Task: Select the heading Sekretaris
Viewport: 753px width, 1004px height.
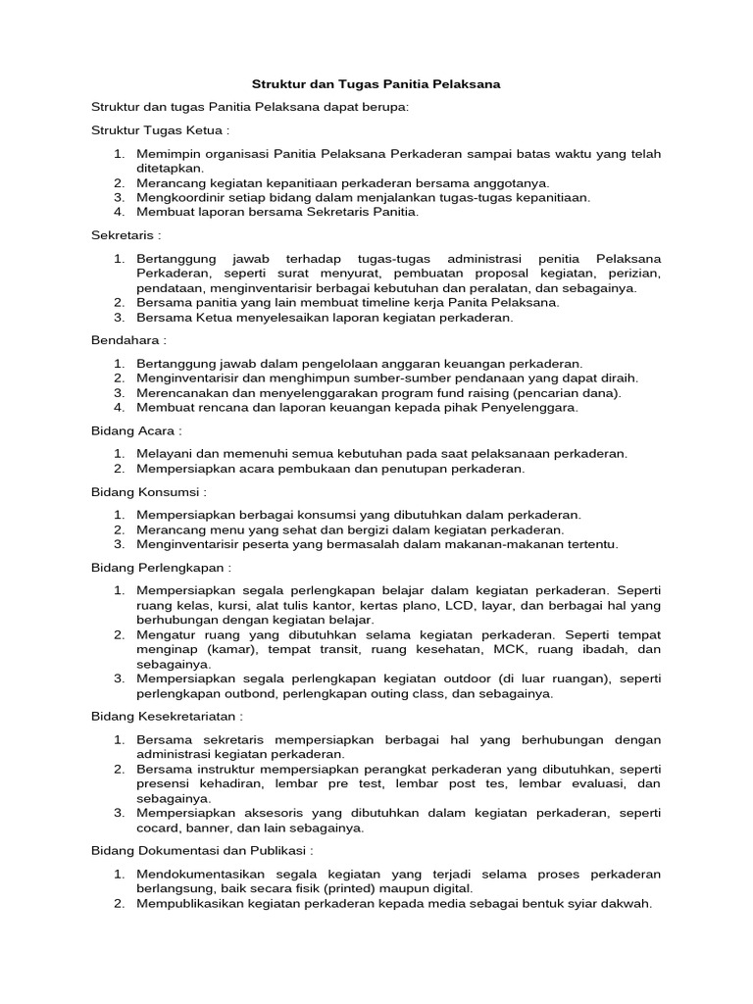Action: click(x=125, y=235)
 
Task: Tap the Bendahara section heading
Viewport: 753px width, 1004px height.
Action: click(x=127, y=340)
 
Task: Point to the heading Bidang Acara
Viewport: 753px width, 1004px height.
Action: click(x=135, y=430)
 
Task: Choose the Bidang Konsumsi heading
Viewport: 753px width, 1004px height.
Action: click(x=147, y=491)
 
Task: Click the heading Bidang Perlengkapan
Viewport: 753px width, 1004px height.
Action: click(x=160, y=567)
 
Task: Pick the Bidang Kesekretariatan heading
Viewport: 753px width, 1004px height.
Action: click(x=167, y=717)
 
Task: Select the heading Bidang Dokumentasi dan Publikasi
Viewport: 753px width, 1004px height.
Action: click(x=201, y=852)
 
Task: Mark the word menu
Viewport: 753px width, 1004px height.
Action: click(x=216, y=529)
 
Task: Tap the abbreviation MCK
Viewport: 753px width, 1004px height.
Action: click(x=506, y=649)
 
